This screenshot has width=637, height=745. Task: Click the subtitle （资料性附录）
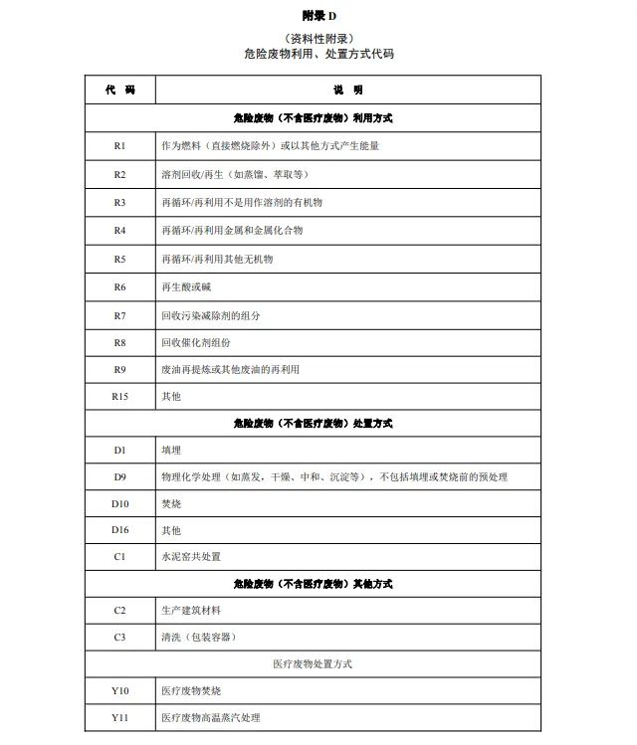click(318, 38)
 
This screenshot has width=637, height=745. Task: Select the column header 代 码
click(119, 90)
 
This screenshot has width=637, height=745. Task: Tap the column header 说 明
click(348, 90)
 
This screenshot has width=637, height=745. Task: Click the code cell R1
click(119, 146)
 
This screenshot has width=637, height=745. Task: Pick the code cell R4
click(119, 230)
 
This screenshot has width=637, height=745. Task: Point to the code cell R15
click(119, 396)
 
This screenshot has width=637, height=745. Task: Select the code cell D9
click(119, 477)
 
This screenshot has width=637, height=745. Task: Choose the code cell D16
click(119, 530)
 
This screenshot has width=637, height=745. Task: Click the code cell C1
click(119, 557)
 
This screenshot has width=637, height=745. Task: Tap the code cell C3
click(119, 637)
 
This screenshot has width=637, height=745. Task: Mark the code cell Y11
click(119, 717)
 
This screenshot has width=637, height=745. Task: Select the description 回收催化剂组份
click(195, 342)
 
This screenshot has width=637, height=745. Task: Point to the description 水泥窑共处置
click(191, 557)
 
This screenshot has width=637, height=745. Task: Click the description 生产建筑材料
click(191, 610)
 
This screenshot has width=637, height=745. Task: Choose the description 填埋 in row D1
click(170, 451)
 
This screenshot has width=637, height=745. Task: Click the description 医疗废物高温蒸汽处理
click(210, 717)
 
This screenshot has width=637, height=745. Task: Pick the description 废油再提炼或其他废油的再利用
click(230, 369)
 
